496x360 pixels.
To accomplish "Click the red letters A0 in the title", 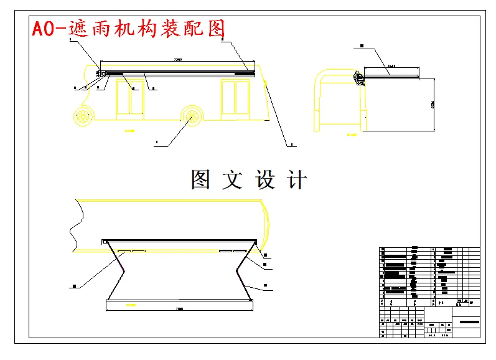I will tap(45, 29).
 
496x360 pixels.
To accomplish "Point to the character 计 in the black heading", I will tap(297, 179).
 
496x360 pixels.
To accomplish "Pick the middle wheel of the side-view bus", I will tap(194, 116).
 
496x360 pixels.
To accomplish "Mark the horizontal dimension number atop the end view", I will tap(391, 65).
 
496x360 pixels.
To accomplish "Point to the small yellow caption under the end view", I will tap(352, 134).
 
